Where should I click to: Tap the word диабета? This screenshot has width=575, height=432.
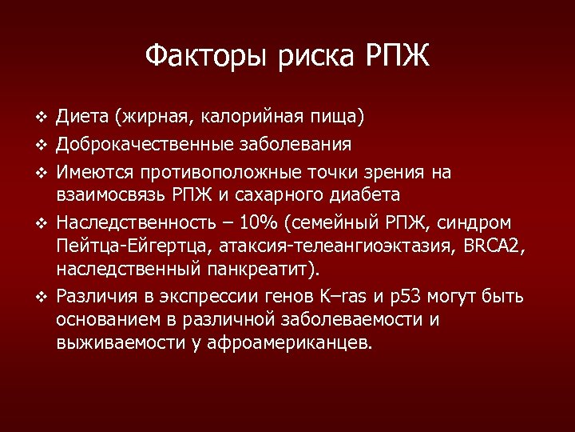pos(363,195)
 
